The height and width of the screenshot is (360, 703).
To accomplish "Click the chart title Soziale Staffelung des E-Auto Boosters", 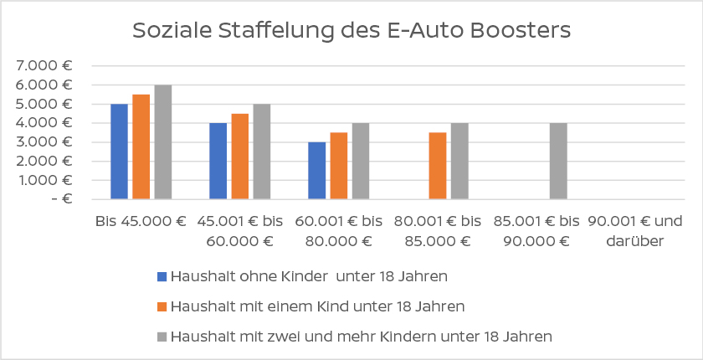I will click(351, 31).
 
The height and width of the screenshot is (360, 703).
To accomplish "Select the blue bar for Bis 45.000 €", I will click(120, 152).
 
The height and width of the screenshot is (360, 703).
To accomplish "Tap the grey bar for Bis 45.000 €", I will click(163, 141).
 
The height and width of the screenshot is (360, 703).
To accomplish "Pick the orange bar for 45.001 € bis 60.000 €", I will click(240, 156).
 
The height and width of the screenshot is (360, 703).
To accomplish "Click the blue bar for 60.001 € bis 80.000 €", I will click(317, 170).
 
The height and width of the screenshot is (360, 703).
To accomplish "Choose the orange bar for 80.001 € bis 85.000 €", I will click(438, 165).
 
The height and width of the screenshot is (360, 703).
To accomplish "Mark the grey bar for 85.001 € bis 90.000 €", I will click(558, 161).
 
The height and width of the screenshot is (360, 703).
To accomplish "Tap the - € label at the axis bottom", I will click(59, 199).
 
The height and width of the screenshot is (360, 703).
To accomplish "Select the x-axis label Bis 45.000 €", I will click(141, 223).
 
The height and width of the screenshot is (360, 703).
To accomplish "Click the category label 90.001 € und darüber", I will click(636, 232).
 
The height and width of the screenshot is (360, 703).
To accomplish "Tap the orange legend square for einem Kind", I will click(163, 307).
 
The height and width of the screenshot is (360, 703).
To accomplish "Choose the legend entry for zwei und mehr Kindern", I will click(361, 337).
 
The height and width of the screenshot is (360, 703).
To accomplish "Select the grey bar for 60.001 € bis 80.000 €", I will click(361, 161).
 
